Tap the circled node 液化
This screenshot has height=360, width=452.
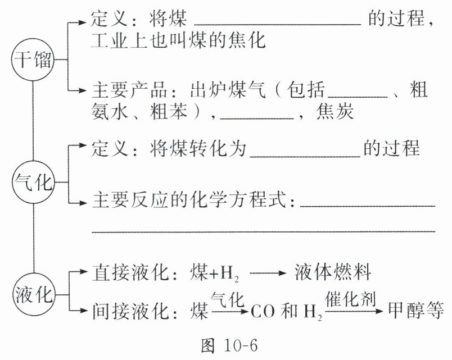32,292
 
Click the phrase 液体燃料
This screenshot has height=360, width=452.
332,274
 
